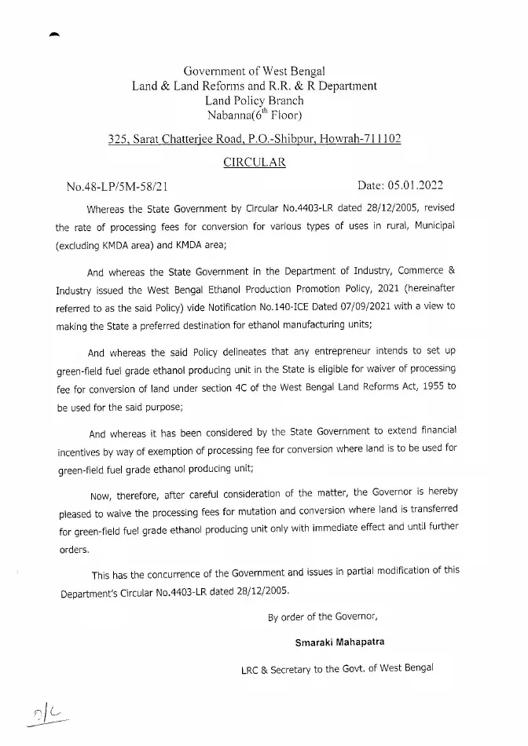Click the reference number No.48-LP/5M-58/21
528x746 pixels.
point(116,187)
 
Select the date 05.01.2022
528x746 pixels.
point(416,186)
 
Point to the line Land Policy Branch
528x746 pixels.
point(254,101)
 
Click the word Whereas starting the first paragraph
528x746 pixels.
point(108,209)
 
